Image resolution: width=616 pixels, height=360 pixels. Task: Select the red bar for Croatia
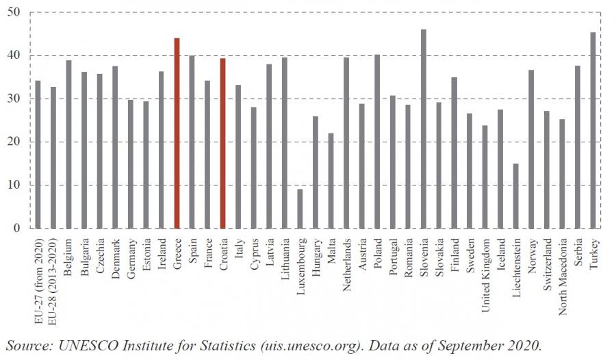223,143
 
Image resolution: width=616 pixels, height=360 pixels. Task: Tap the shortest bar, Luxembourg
299,208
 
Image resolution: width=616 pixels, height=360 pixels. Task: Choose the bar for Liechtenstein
515,196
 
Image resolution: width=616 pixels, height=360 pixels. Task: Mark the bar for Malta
330,181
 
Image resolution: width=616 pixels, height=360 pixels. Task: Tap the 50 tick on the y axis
14,13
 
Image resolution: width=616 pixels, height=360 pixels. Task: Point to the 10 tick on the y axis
14,185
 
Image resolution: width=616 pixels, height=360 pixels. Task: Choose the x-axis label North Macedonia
562,274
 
